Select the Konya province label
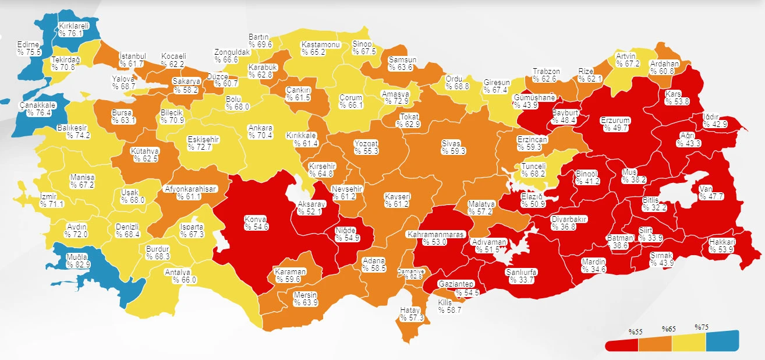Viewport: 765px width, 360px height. tap(254, 220)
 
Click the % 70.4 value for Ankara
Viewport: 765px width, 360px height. tap(260, 135)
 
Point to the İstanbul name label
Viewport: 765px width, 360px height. tap(132, 55)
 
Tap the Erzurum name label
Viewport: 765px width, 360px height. tap(615, 121)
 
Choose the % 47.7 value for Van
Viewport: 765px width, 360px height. tap(712, 196)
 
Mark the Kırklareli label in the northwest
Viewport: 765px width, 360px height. tap(74, 26)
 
